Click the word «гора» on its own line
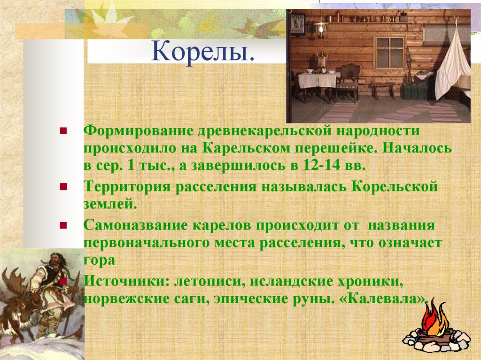[x=99, y=260]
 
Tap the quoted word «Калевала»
[x=384, y=299]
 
